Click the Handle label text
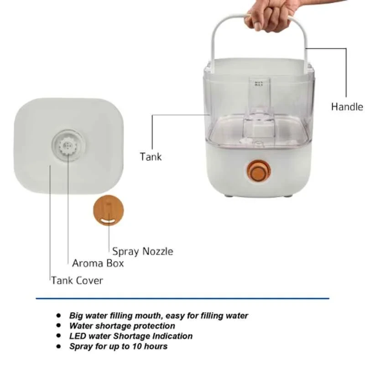(347, 107)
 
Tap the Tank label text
(151, 157)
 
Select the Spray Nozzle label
(142, 251)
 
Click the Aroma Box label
(98, 263)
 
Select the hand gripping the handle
(269, 16)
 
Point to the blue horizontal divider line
(182, 299)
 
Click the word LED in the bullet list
(77, 336)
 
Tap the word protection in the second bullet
(155, 326)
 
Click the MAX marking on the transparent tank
(259, 83)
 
